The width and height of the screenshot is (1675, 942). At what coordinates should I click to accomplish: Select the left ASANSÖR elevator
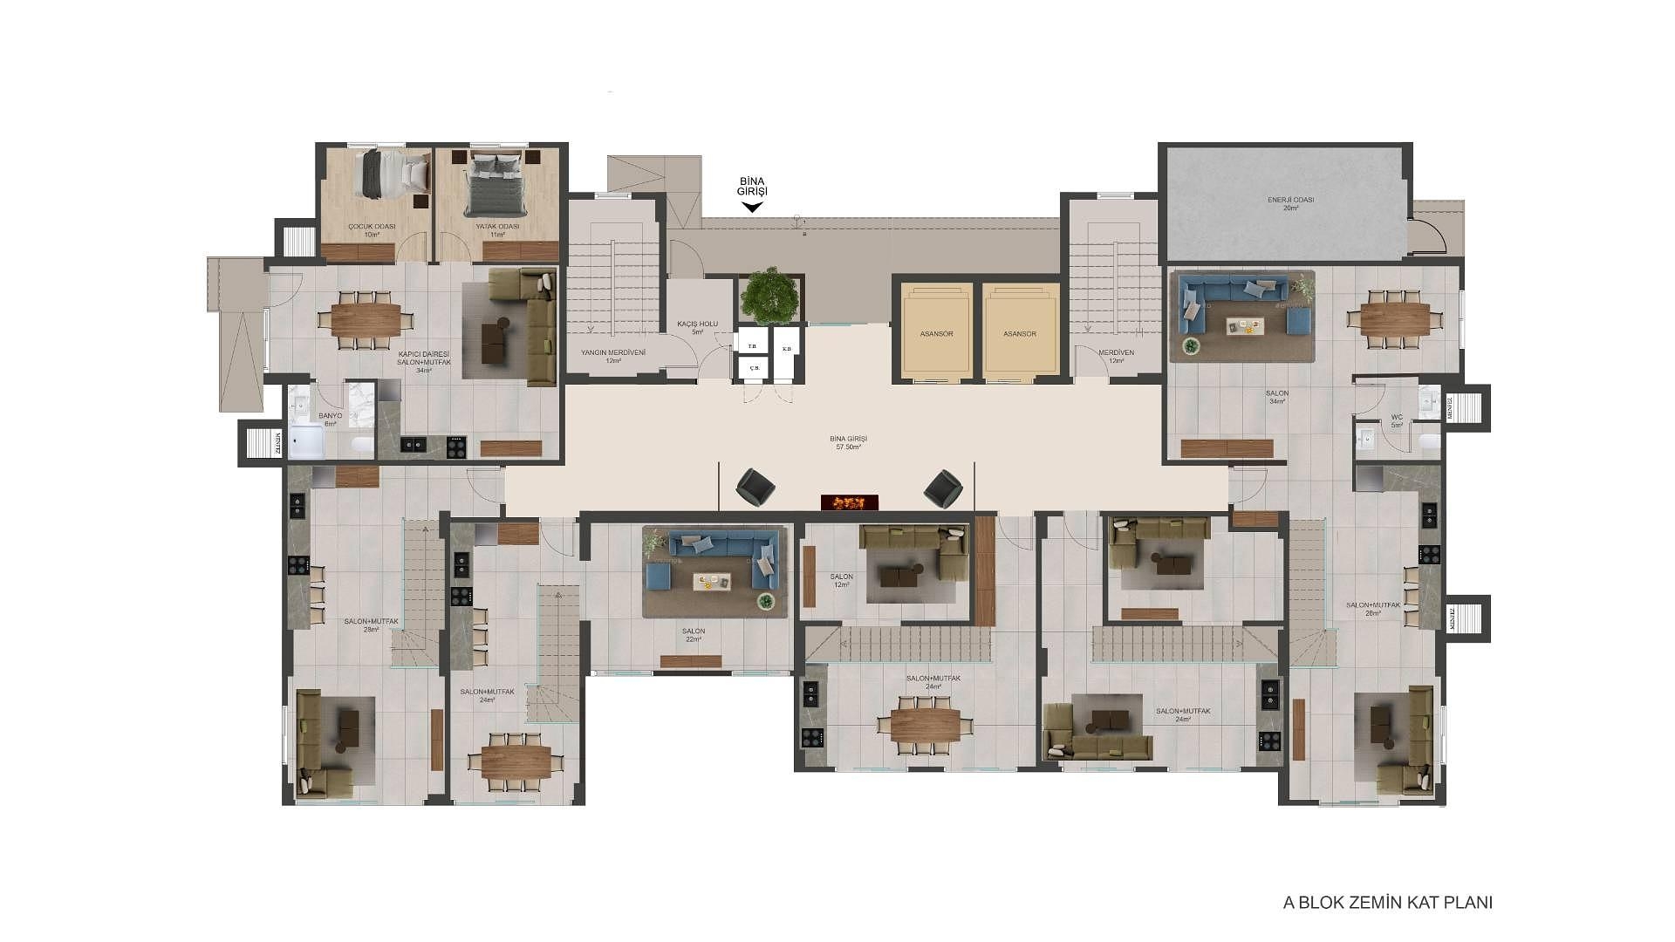936,332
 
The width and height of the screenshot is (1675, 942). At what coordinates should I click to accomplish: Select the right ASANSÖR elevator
1019,332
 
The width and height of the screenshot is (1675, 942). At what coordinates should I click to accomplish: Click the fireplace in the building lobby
849,502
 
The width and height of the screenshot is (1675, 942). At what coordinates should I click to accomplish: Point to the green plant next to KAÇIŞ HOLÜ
769,295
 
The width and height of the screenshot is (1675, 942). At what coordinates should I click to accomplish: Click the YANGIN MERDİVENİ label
612,356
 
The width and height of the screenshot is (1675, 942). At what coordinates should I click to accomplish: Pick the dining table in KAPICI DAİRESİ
366,319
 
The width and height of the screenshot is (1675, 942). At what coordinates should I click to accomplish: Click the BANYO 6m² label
331,420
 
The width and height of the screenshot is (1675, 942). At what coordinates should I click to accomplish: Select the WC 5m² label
1397,420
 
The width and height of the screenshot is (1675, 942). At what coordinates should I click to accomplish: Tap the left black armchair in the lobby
753,487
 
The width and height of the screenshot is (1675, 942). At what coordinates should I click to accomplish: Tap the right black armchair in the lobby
943,488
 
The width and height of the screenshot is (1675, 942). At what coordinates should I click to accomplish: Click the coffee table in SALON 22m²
712,581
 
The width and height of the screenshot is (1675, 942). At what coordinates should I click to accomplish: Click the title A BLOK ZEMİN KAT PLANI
1387,903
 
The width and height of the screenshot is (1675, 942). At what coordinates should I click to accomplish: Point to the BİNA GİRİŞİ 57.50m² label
848,442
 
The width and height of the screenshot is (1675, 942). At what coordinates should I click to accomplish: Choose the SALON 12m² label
841,580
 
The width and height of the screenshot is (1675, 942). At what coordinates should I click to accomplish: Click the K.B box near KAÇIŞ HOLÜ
786,349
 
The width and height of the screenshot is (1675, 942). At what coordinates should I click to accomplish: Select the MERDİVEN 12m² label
1116,356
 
